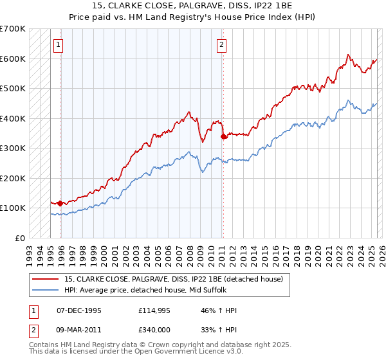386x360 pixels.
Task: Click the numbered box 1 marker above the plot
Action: [59, 45]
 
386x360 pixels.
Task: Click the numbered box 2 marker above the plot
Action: [221, 45]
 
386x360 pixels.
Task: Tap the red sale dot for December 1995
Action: [60, 203]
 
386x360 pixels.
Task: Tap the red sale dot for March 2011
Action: [223, 136]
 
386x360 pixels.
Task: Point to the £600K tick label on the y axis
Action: [13, 59]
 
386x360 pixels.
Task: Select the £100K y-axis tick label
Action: [13, 208]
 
